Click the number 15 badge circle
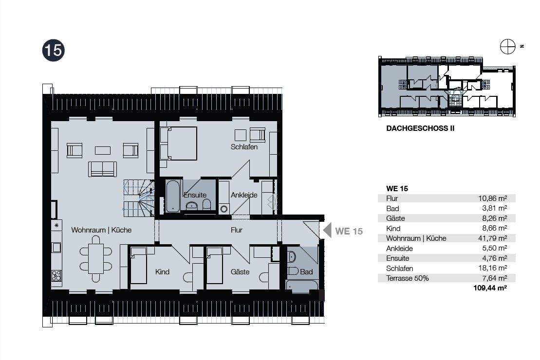pyautogui.click(x=54, y=50)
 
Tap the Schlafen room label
pyautogui.click(x=244, y=147)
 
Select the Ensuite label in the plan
pyautogui.click(x=195, y=195)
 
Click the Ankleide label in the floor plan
pyautogui.click(x=244, y=195)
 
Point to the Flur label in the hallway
pyautogui.click(x=237, y=230)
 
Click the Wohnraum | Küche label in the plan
pyautogui.click(x=101, y=230)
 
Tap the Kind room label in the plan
pyautogui.click(x=162, y=272)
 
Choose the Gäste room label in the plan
pyautogui.click(x=240, y=272)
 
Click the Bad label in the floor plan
pyautogui.click(x=306, y=272)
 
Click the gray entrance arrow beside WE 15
pyautogui.click(x=327, y=230)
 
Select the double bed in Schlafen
pyautogui.click(x=178, y=144)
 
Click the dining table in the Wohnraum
pyautogui.click(x=96, y=258)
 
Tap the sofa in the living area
pyautogui.click(x=102, y=169)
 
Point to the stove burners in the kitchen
pyautogui.click(x=56, y=276)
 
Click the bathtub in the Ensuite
pyautogui.click(x=172, y=196)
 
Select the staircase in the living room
pyautogui.click(x=139, y=198)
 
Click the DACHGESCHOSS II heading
pyautogui.click(x=420, y=128)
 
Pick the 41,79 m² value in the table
pyautogui.click(x=492, y=238)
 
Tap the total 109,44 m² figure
pyautogui.click(x=490, y=288)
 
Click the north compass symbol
pyautogui.click(x=508, y=47)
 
